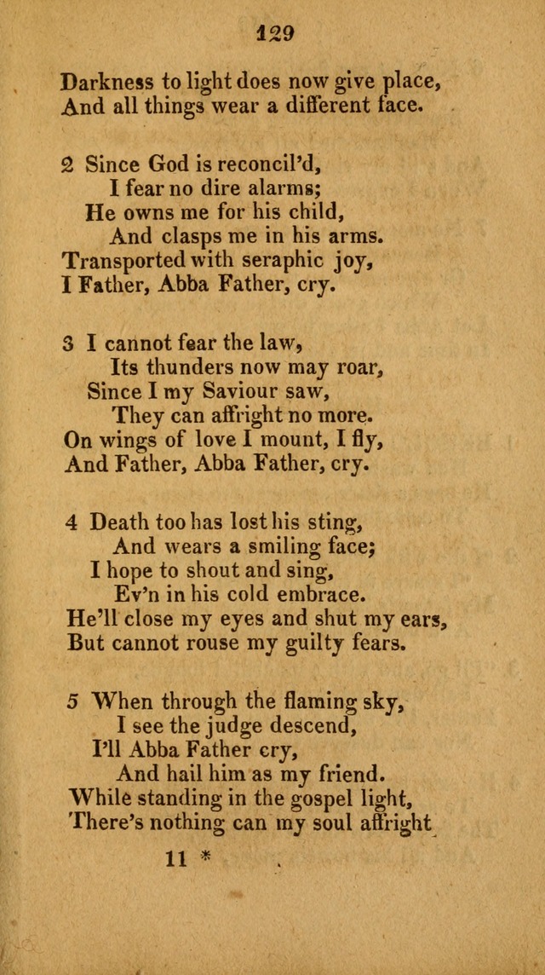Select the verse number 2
tap(67, 164)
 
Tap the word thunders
tap(186, 367)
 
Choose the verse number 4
tap(72, 521)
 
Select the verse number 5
tap(73, 702)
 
